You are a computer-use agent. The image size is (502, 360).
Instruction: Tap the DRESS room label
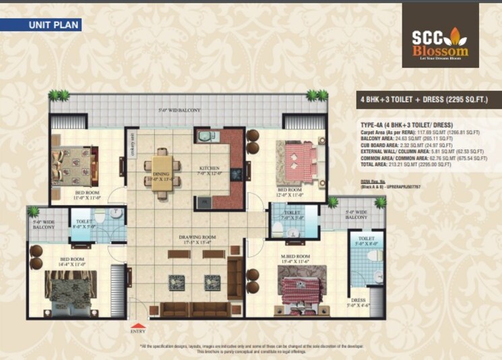[x=357, y=301]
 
